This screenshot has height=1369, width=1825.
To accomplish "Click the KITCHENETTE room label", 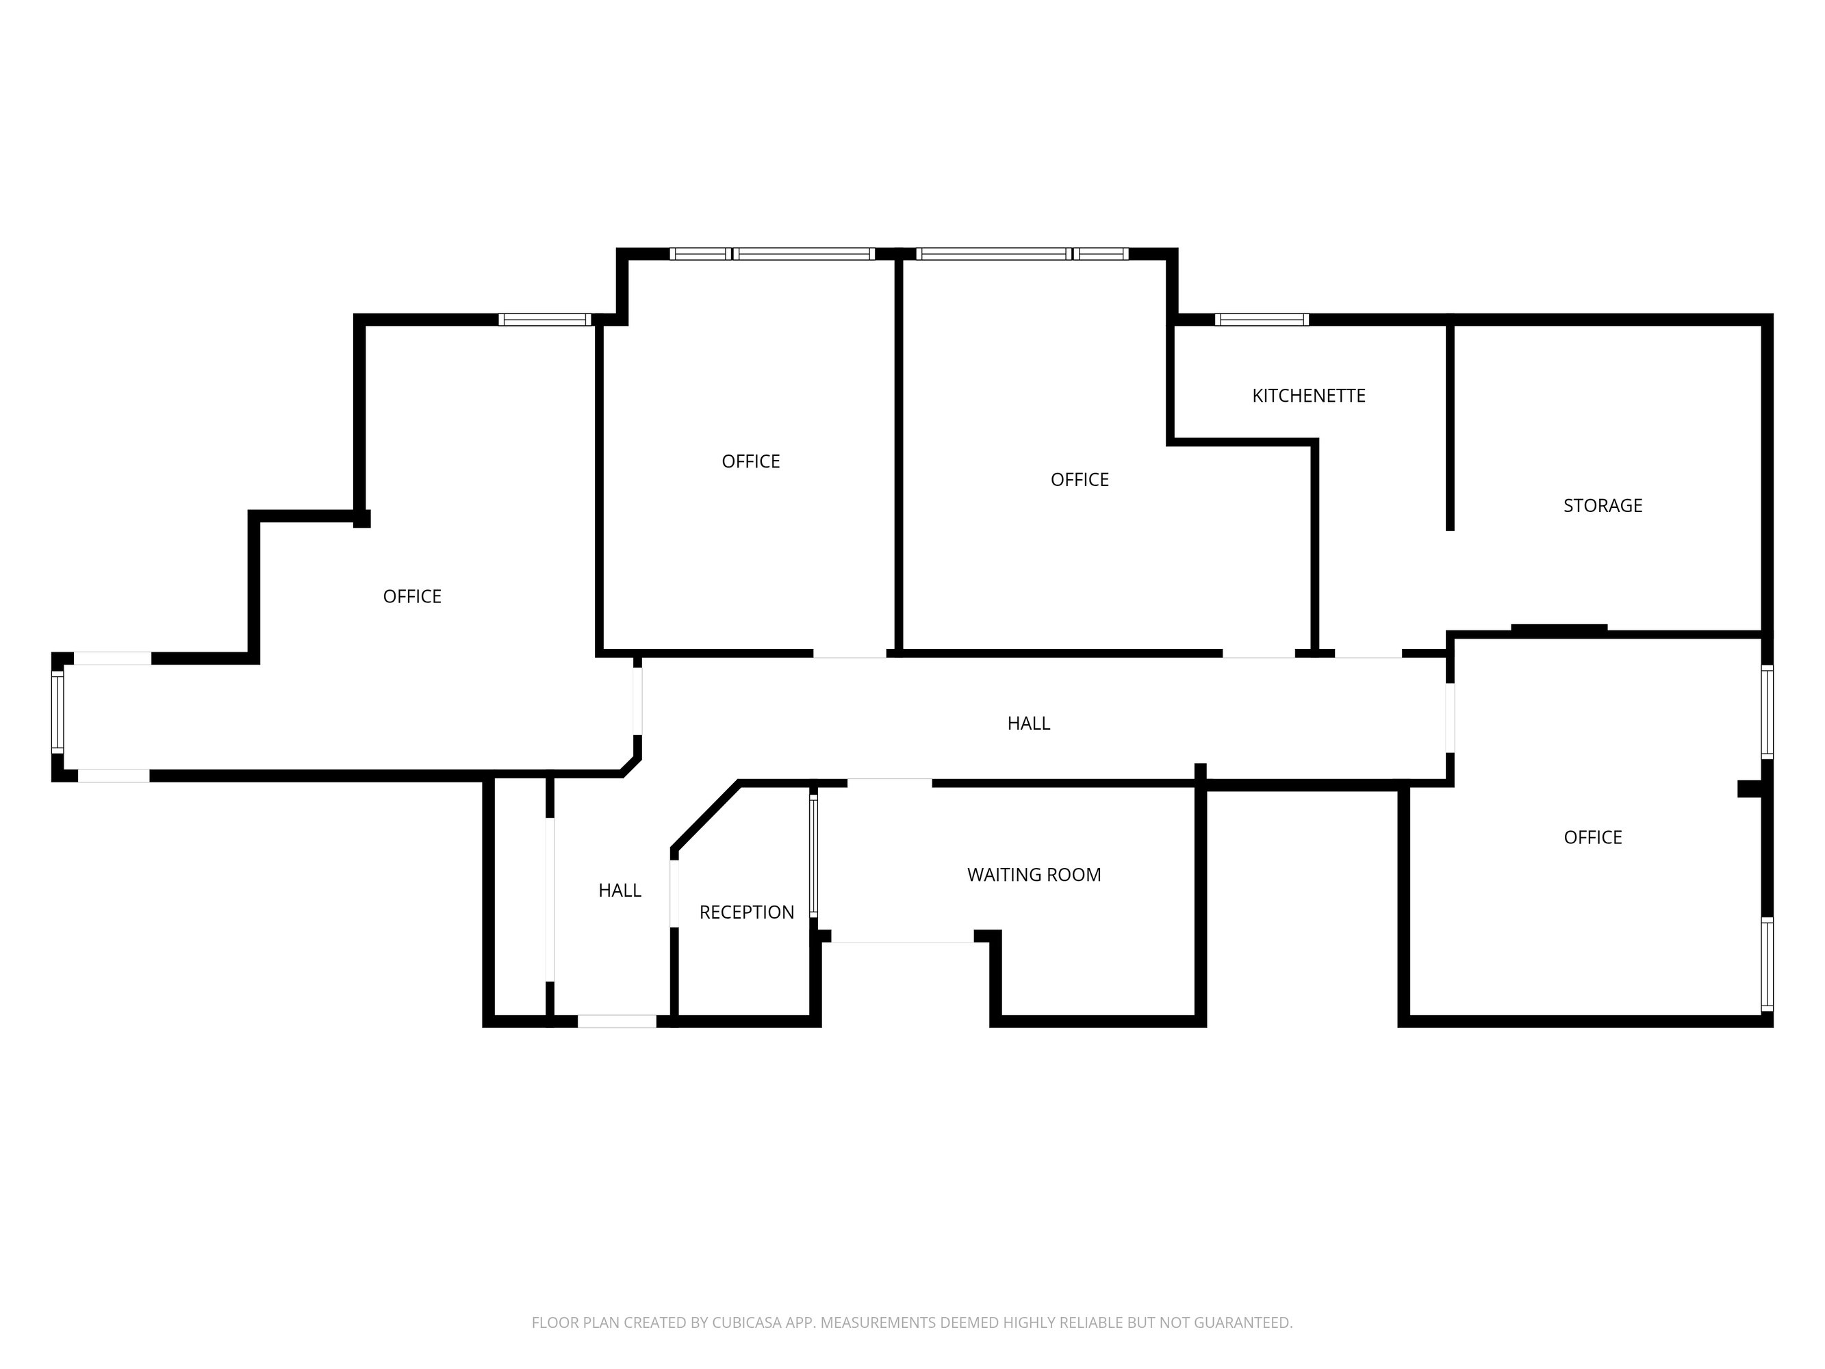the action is (x=1309, y=396).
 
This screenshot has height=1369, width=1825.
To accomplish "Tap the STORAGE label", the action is (x=1603, y=506).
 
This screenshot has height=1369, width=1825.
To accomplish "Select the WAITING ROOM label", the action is (x=1034, y=875).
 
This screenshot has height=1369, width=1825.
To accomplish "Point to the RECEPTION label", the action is (x=747, y=912).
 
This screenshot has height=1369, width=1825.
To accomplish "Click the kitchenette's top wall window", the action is (x=1262, y=320).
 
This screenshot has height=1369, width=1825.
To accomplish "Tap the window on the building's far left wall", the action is (x=58, y=713).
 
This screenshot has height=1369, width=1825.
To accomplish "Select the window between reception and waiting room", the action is (x=813, y=855).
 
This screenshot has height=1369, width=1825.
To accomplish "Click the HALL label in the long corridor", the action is (x=1028, y=724).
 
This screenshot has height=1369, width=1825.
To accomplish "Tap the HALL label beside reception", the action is (x=620, y=891).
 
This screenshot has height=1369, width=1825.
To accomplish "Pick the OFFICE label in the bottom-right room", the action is (x=1592, y=838).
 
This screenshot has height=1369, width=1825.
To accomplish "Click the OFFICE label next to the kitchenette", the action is (x=1079, y=479).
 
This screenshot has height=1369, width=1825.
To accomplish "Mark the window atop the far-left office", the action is (x=544, y=320).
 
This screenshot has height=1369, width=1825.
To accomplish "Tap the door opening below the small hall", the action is (x=617, y=1021).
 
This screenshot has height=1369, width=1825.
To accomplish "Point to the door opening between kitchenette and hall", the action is (x=1368, y=654).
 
